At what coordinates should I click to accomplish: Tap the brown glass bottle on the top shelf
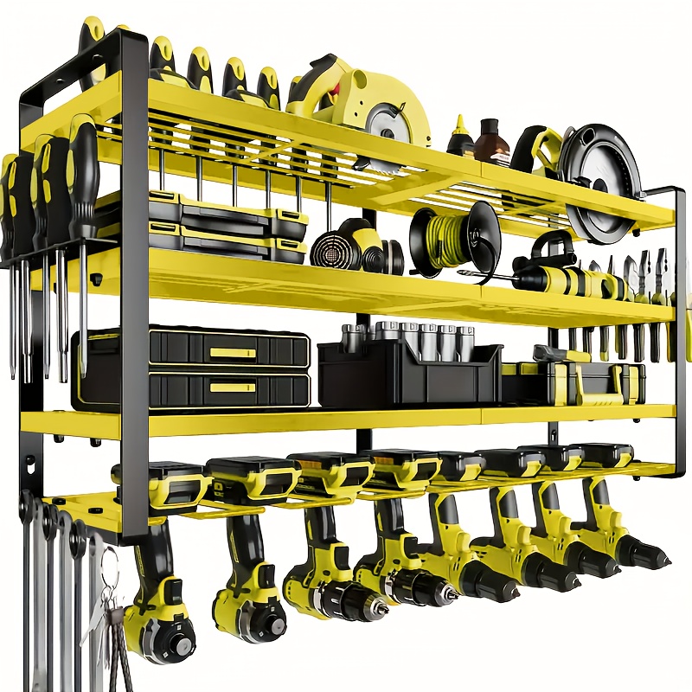[491, 141]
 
